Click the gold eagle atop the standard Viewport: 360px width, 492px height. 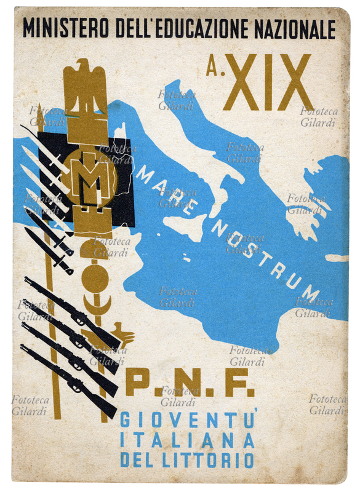pyautogui.click(x=86, y=86)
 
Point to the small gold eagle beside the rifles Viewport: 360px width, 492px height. pyautogui.click(x=127, y=336)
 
